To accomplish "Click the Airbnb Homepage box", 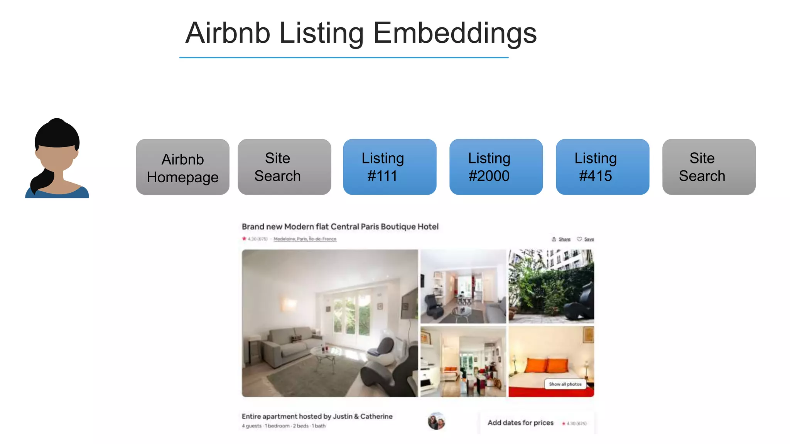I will tap(182, 167).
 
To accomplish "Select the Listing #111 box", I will tap(390, 167).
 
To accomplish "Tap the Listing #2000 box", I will tap(496, 167).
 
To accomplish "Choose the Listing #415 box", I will tap(603, 167).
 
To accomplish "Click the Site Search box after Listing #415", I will tap(709, 167).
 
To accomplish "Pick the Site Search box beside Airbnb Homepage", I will tap(284, 167).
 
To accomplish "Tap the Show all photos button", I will tap(565, 384).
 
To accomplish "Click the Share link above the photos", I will tap(564, 239).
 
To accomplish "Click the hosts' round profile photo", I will tap(436, 421).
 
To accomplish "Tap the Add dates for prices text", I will tap(520, 423).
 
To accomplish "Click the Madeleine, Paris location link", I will tap(305, 239).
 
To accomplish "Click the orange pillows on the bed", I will tap(547, 364).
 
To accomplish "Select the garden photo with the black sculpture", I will tap(551, 286).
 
